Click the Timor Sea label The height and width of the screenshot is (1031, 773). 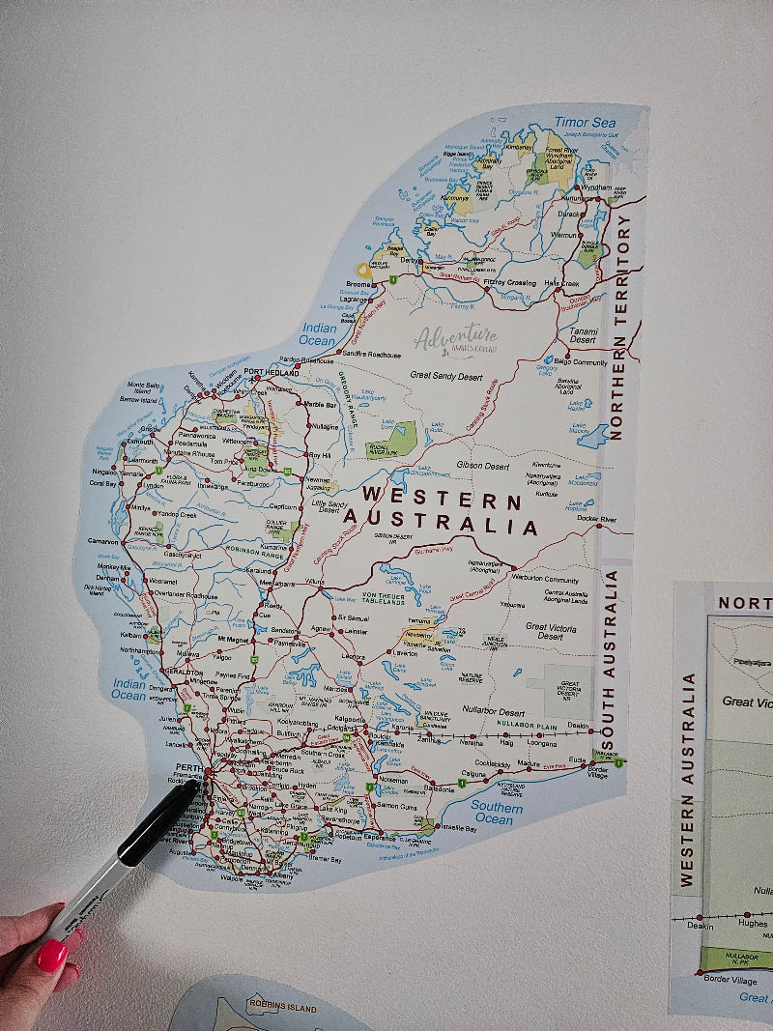pos(585,123)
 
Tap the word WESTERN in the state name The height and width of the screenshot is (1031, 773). pos(442,501)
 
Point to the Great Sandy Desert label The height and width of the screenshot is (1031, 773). pos(445,374)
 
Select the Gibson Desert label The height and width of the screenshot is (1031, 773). pos(483,466)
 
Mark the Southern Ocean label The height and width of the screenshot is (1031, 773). pos(497,813)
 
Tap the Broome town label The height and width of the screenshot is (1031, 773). pos(358,284)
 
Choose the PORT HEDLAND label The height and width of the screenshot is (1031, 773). pos(272,372)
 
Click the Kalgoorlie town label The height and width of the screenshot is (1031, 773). pos(349,719)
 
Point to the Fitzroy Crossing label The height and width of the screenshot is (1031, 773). pos(508,282)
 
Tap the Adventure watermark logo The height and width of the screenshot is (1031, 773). pos(455,339)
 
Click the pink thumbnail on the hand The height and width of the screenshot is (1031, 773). pos(50,956)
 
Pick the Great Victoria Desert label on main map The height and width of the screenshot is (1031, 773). pos(551,631)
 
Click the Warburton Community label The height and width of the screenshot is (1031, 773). pos(547,581)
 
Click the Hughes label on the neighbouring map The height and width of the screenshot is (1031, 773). pos(753,923)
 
